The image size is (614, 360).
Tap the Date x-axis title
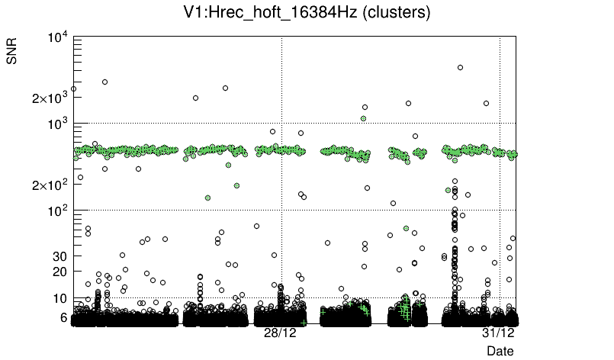coord(500,351)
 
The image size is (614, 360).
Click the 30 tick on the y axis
coord(61,256)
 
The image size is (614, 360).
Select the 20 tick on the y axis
coord(61,272)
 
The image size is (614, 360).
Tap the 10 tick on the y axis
coord(61,298)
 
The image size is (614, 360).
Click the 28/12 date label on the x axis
coord(280,333)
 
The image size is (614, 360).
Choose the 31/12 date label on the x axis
coord(499,333)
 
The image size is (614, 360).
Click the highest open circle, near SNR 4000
coord(460,68)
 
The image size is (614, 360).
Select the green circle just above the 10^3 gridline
coord(364,118)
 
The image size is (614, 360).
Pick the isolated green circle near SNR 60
coord(407,228)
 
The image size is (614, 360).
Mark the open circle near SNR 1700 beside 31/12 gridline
coord(486,104)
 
